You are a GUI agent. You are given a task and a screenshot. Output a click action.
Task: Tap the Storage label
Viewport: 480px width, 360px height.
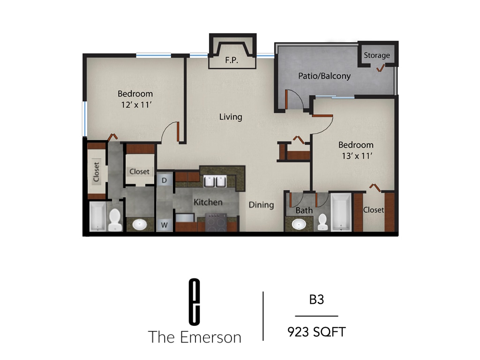click(x=377, y=55)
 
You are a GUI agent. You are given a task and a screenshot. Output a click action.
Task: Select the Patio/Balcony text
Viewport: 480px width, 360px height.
click(x=324, y=75)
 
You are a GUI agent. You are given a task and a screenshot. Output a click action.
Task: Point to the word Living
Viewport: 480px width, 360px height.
click(x=231, y=117)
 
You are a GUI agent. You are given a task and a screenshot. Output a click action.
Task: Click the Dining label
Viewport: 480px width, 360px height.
click(x=261, y=205)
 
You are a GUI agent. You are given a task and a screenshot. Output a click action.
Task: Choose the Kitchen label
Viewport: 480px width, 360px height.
click(x=208, y=202)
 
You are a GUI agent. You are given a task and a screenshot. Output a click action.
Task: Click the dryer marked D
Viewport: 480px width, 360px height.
click(x=165, y=180)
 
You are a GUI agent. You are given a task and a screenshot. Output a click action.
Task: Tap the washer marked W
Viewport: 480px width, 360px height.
click(x=165, y=224)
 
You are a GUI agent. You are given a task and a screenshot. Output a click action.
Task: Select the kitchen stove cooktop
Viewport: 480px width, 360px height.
click(x=216, y=222)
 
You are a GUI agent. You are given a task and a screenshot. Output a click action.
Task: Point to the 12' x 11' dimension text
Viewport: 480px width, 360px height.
click(x=135, y=105)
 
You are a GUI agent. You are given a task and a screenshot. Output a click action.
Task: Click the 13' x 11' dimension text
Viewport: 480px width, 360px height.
click(x=357, y=156)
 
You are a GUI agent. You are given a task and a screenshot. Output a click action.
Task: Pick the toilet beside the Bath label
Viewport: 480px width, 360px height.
click(x=322, y=222)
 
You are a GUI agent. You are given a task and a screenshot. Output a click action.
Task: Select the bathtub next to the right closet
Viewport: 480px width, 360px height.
click(x=341, y=213)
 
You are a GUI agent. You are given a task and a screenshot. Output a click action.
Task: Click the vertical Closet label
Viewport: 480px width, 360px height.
click(x=97, y=172)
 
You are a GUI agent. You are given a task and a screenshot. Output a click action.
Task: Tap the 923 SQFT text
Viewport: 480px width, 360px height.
click(x=316, y=332)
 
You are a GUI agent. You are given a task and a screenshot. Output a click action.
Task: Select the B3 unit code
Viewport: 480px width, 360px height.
click(x=316, y=300)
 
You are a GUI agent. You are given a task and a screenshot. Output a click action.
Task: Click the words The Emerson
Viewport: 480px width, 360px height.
click(x=195, y=337)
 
